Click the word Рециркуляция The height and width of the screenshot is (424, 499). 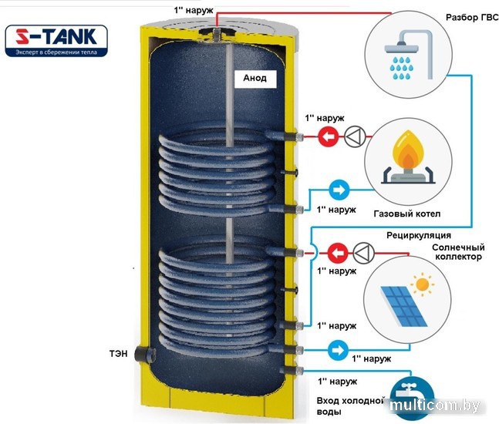418,234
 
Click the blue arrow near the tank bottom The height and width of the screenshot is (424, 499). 336,348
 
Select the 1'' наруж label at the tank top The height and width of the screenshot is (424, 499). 190,9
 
